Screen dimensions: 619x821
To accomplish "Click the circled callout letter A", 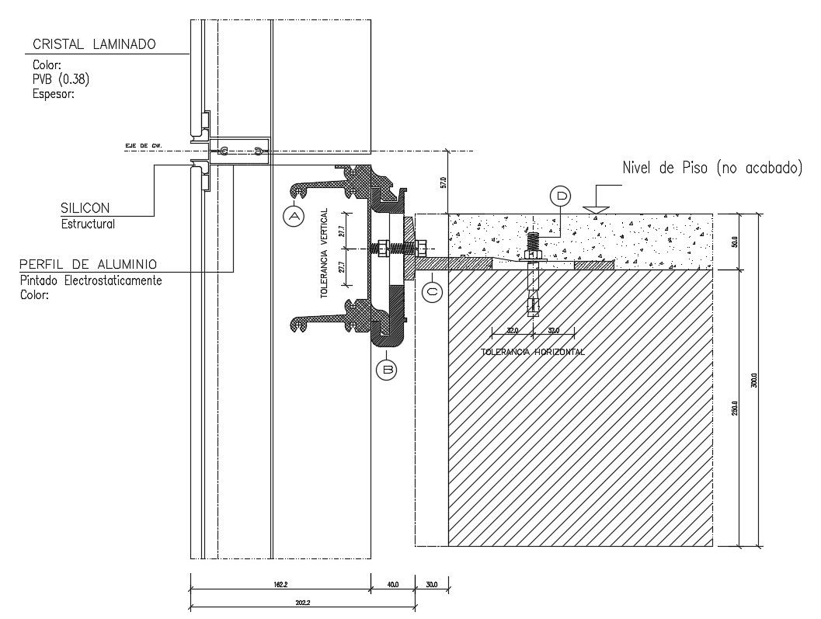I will point(294,217).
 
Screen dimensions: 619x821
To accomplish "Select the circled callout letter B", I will point(386,370).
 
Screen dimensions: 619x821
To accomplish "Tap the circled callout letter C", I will point(433,292).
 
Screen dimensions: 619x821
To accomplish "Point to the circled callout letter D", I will point(560,196).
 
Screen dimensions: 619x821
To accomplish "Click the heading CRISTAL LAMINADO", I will point(94,44).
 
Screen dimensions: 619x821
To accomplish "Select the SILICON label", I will point(85,208).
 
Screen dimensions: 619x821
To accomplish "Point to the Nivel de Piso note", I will point(711,168).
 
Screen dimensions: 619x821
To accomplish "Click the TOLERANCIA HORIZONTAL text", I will point(533,352).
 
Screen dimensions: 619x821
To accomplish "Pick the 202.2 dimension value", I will point(280,603).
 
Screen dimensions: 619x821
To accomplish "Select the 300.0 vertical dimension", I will point(753,380).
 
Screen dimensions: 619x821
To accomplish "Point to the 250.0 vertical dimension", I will point(733,408).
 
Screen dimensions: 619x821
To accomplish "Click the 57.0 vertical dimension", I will point(443,183).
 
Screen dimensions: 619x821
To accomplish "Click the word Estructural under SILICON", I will point(88,224).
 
